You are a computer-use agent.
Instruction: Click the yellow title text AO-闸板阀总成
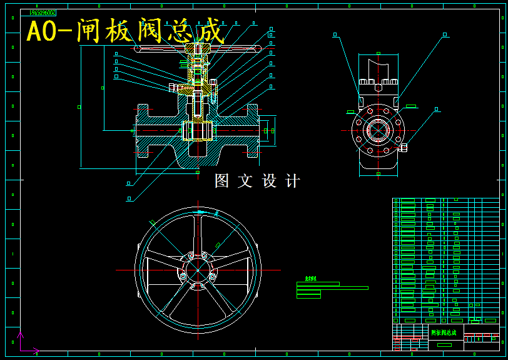point(125,31)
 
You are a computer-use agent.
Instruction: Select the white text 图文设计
point(257,181)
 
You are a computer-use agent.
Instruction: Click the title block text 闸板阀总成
point(444,332)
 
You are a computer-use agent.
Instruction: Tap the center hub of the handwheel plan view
point(198,270)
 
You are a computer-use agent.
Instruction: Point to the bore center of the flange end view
point(378,130)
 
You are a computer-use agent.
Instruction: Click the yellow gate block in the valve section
point(198,131)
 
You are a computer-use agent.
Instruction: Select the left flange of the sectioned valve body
point(143,130)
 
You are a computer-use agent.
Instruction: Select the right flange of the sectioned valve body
point(253,130)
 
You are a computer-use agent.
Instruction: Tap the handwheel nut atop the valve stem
point(198,48)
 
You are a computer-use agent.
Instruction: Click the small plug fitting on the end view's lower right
point(404,148)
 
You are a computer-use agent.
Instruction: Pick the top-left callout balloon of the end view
point(335,34)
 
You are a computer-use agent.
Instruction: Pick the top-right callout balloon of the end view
point(444,34)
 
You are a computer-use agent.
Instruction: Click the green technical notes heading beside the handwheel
point(310,279)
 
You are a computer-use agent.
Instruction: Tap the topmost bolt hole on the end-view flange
point(378,108)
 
